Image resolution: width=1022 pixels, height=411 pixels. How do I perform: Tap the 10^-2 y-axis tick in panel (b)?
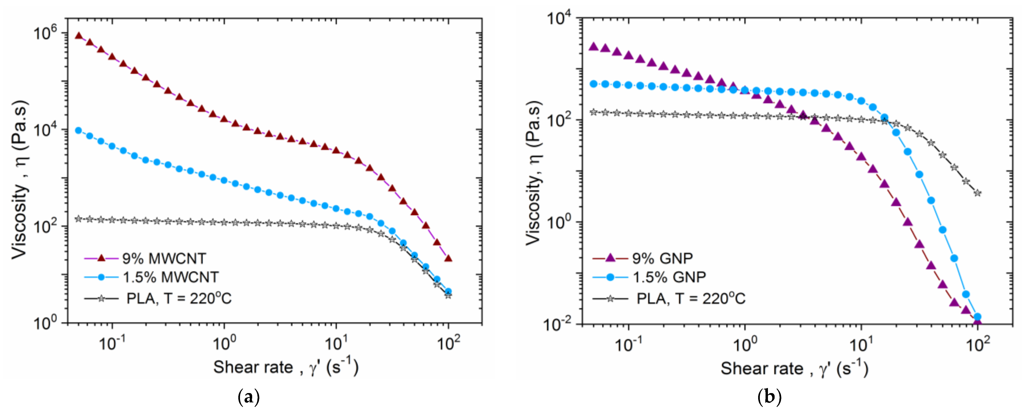555,324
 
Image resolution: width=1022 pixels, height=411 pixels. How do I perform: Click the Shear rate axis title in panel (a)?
286,367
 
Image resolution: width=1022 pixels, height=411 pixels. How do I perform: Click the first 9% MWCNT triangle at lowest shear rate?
79,36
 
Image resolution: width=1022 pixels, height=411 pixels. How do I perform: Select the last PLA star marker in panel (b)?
978,193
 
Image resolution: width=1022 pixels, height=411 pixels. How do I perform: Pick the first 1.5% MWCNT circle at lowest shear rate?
79,130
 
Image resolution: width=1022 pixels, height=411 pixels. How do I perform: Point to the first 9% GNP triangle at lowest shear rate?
593,46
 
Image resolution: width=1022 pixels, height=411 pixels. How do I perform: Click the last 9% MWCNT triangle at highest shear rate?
448,258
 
